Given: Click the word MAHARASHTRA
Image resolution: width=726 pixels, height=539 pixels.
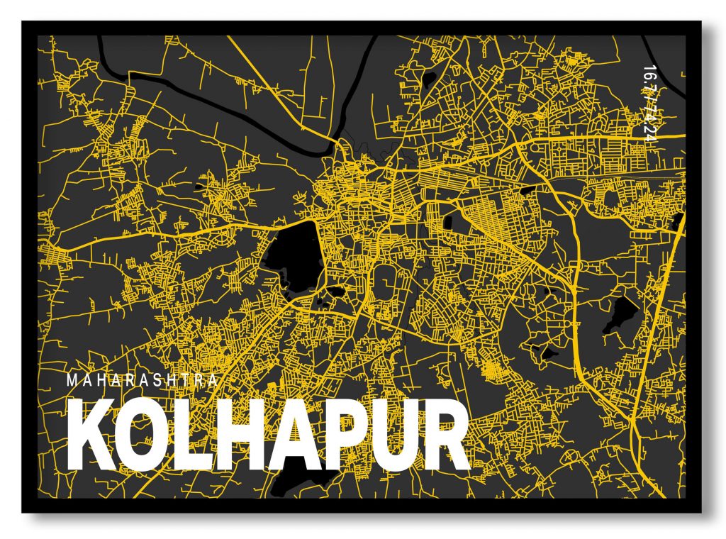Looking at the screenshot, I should (142, 380).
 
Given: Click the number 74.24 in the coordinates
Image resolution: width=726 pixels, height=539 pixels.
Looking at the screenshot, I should (647, 124).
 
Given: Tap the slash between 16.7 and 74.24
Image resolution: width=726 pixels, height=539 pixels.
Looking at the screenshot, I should (647, 99).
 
